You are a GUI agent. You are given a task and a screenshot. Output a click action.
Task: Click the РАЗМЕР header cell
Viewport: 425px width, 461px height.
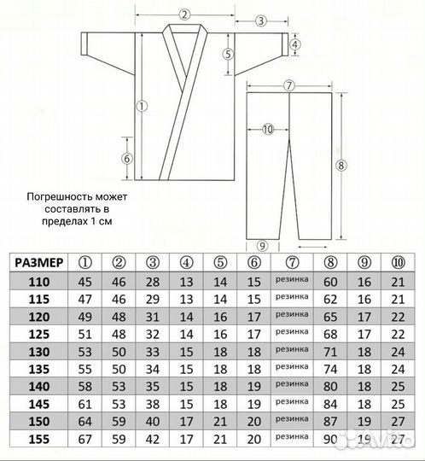(38, 262)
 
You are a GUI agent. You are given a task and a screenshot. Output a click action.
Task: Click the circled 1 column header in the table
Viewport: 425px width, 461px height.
(85, 262)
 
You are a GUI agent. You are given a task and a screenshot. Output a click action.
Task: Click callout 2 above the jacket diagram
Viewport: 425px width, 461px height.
(183, 14)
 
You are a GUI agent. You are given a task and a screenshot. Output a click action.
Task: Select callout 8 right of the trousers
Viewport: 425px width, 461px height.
(341, 165)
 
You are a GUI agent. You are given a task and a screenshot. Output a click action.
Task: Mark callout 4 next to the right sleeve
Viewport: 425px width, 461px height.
(294, 45)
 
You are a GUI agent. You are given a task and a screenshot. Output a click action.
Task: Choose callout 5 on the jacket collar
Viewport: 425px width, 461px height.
(228, 54)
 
